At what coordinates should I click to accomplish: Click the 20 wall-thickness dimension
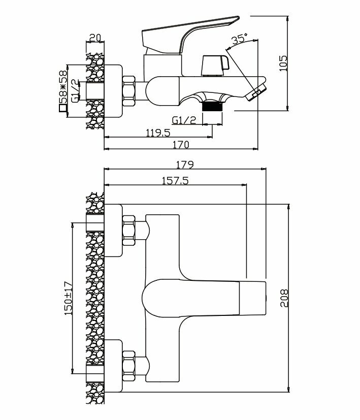click(x=94, y=38)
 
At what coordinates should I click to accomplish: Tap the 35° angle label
click(x=239, y=39)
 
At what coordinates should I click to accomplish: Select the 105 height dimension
click(x=284, y=62)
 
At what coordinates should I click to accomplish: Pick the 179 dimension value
click(x=184, y=165)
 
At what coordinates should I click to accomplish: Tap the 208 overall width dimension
click(x=284, y=300)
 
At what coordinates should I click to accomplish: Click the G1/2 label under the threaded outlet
click(x=184, y=120)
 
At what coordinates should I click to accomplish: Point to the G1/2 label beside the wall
click(x=74, y=91)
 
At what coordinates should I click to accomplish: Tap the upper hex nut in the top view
click(x=129, y=230)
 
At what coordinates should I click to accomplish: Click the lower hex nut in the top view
click(x=129, y=364)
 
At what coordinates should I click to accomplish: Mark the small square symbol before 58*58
click(x=63, y=108)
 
